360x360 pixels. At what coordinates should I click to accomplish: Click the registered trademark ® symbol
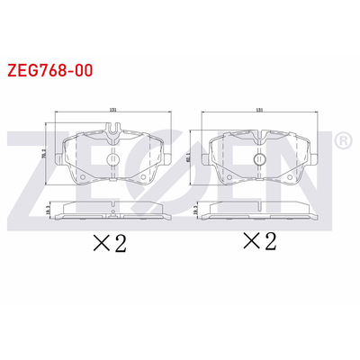point(342,141)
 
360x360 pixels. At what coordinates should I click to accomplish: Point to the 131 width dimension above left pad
point(113,110)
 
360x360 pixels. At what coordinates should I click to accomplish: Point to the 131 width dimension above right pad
point(259,110)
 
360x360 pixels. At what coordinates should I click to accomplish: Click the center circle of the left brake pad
point(113,159)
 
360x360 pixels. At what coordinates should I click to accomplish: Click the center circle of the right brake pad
point(259,159)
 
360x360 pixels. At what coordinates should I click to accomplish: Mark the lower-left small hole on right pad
point(228,176)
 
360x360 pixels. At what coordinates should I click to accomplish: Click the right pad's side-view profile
point(259,212)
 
